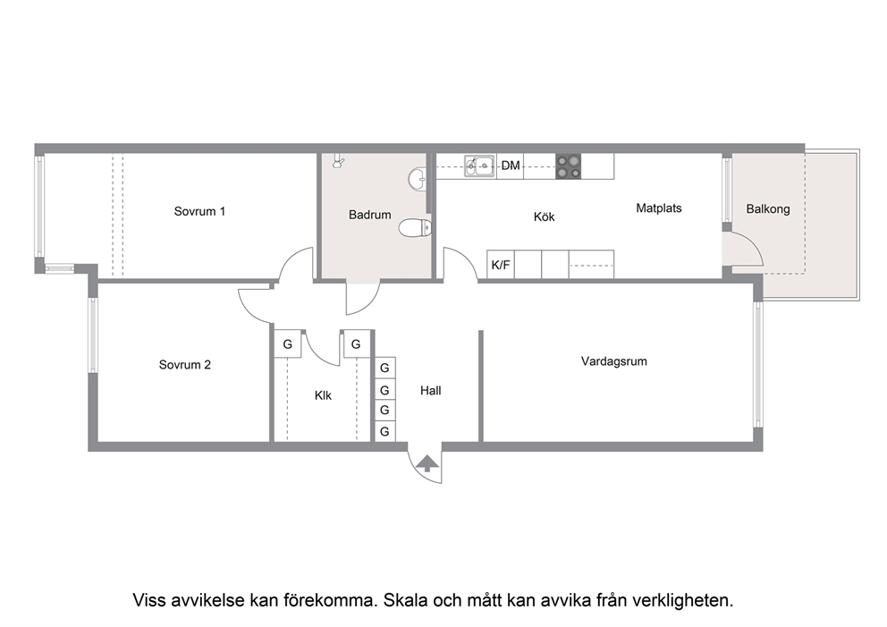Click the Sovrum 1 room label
[199, 212]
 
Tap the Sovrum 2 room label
[185, 365]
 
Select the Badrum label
[370, 215]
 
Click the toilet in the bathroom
[415, 229]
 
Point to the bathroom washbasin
[417, 179]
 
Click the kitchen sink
[479, 166]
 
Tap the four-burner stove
[568, 166]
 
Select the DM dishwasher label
[511, 165]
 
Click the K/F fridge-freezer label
[501, 265]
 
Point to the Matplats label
[659, 208]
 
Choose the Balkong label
[768, 209]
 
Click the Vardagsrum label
[614, 361]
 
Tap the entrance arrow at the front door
[427, 463]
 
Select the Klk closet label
[323, 395]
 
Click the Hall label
[430, 391]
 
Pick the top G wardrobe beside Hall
[384, 369]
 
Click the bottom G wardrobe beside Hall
[384, 432]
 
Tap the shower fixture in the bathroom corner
[338, 161]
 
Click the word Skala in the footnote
[406, 600]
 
